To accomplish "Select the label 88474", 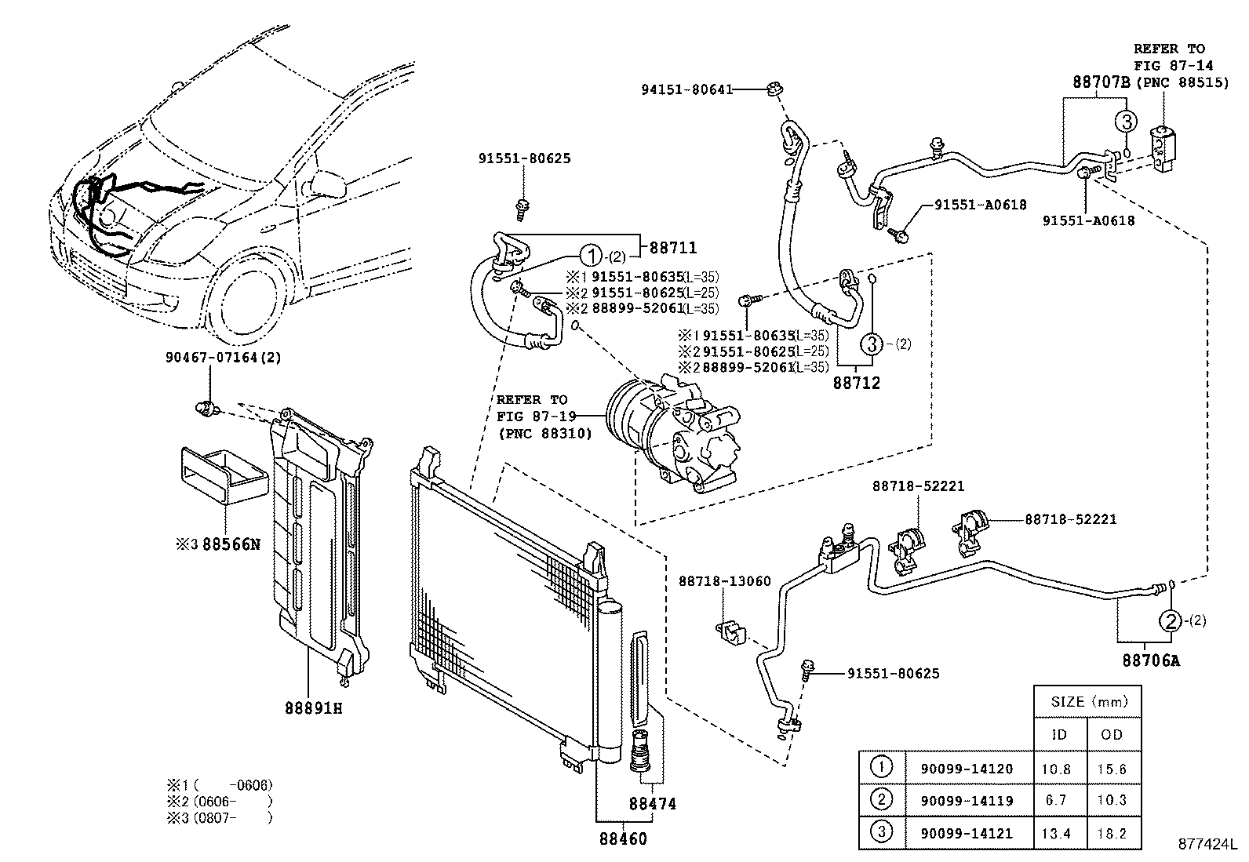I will coord(652,805).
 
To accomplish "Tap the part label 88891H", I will coord(314,709).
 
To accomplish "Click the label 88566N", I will coord(231,543).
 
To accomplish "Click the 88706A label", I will coord(1150,660).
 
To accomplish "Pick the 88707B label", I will coord(1100,82).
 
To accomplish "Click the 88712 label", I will coord(856,383).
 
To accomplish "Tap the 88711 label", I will coord(672,249).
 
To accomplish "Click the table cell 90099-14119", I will coord(970,801).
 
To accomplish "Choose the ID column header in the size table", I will coord(1059,734).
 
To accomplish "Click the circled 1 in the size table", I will coord(882,768).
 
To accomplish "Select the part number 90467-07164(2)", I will coord(223,358).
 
